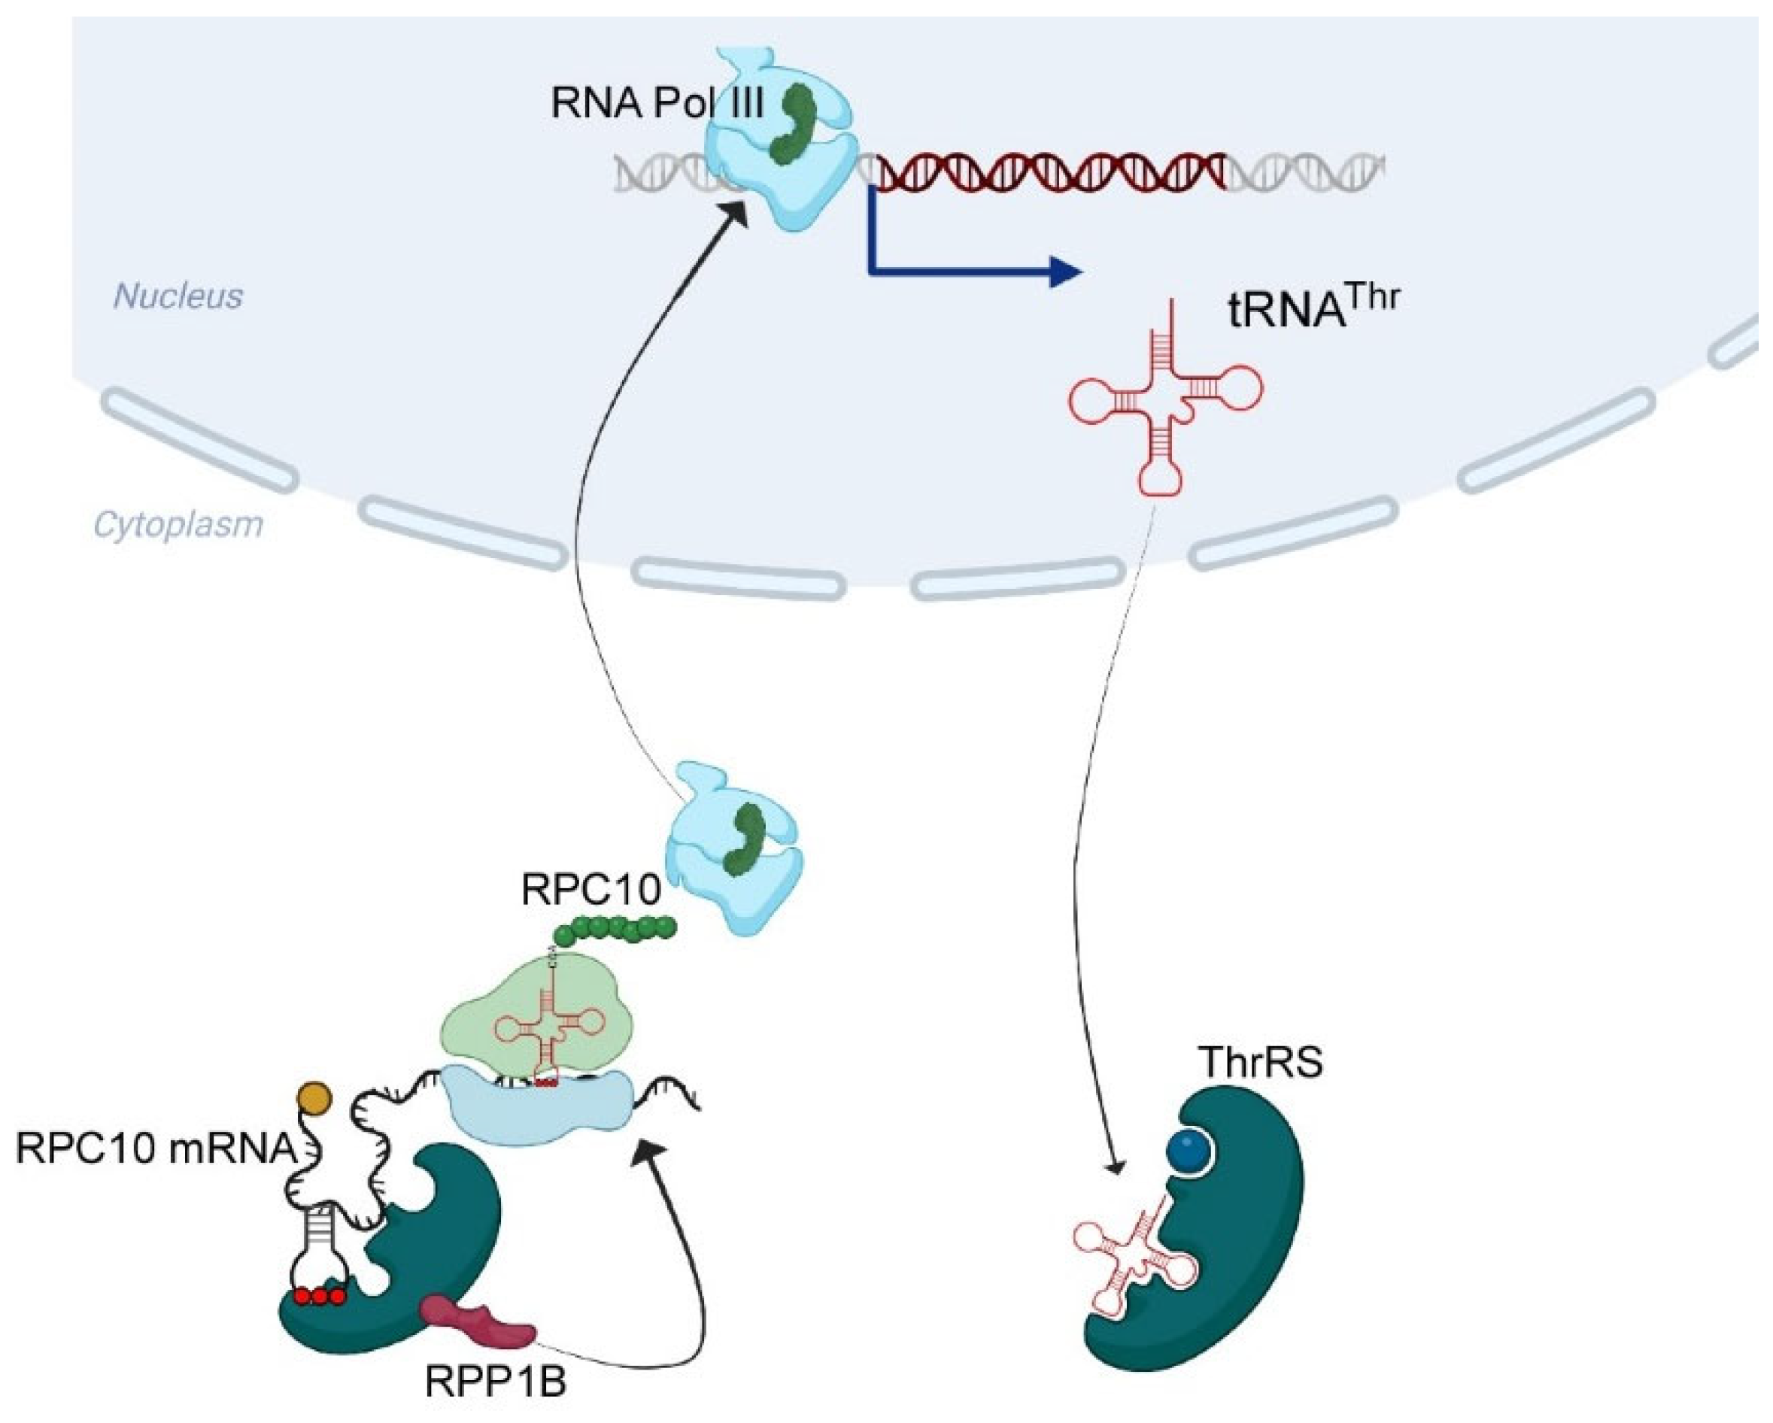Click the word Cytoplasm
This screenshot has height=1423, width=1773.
(178, 524)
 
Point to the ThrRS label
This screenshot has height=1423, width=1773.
(1260, 1063)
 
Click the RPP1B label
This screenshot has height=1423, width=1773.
(495, 1382)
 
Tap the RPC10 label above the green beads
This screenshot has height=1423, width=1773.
(590, 890)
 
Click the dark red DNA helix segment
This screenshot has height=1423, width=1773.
(1052, 171)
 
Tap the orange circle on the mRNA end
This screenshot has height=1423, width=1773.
(314, 1097)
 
